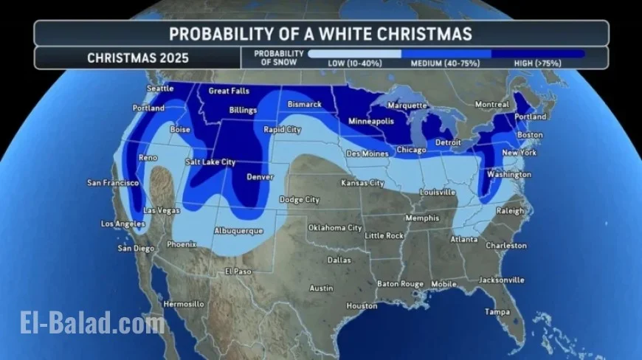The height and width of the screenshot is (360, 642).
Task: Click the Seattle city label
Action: [160, 89]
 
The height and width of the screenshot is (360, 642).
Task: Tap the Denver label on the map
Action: [260, 177]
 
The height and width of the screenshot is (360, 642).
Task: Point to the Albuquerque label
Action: [238, 231]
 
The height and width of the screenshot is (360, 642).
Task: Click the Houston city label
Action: [362, 306]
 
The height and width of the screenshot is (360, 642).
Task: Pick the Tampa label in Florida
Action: [497, 312]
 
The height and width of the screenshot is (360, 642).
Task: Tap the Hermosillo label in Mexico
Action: [183, 304]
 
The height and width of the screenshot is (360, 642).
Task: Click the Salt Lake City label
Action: [210, 162]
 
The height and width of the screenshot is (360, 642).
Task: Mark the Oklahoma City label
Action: [335, 228]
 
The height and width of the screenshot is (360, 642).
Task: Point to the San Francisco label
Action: [114, 183]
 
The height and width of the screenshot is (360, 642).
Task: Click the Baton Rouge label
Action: [401, 283]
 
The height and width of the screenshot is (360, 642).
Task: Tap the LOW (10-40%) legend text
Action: [355, 63]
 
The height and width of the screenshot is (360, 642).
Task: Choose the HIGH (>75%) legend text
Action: [538, 63]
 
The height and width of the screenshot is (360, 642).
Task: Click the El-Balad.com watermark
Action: [92, 322]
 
